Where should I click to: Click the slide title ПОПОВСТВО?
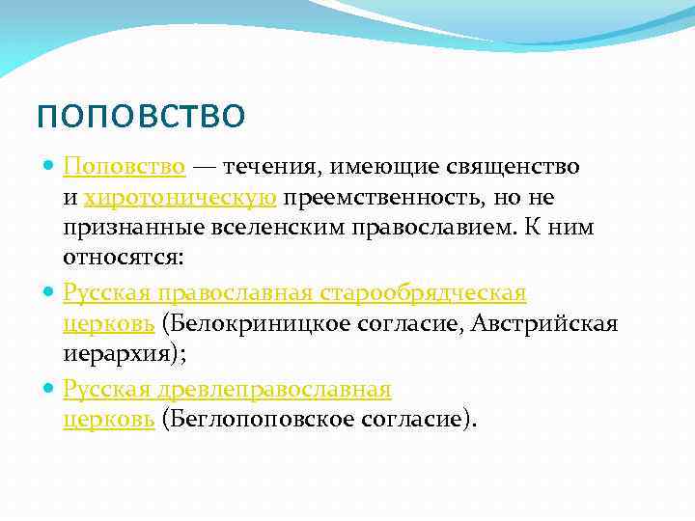[141, 117]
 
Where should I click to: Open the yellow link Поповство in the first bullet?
[125, 167]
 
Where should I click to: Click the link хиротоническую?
[181, 198]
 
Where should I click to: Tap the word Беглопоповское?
[247, 421]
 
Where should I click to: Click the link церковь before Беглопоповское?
[109, 421]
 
